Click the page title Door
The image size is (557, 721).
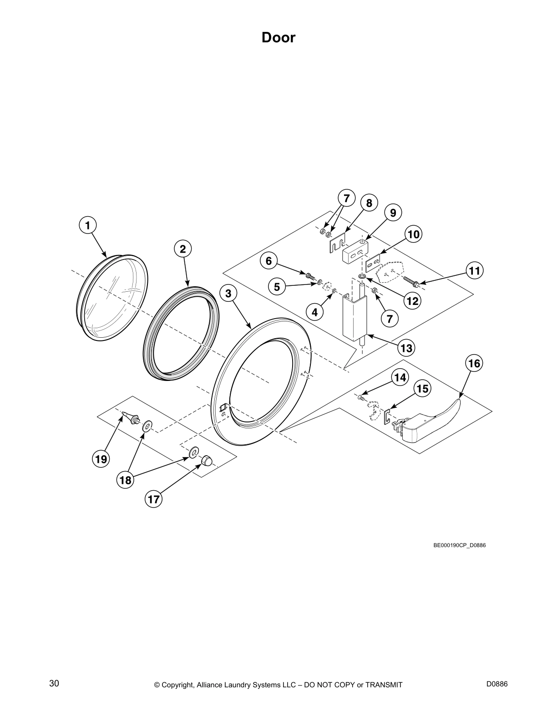point(278,37)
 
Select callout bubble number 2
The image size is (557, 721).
point(182,249)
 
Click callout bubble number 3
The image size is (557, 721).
point(228,294)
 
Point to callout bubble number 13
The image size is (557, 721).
point(406,348)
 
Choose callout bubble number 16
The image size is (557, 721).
point(474,363)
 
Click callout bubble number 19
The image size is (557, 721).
point(101,459)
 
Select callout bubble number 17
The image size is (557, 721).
point(154,499)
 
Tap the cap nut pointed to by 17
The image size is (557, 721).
point(207,462)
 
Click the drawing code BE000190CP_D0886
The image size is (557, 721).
point(459,545)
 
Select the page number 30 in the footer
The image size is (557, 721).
point(54,671)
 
